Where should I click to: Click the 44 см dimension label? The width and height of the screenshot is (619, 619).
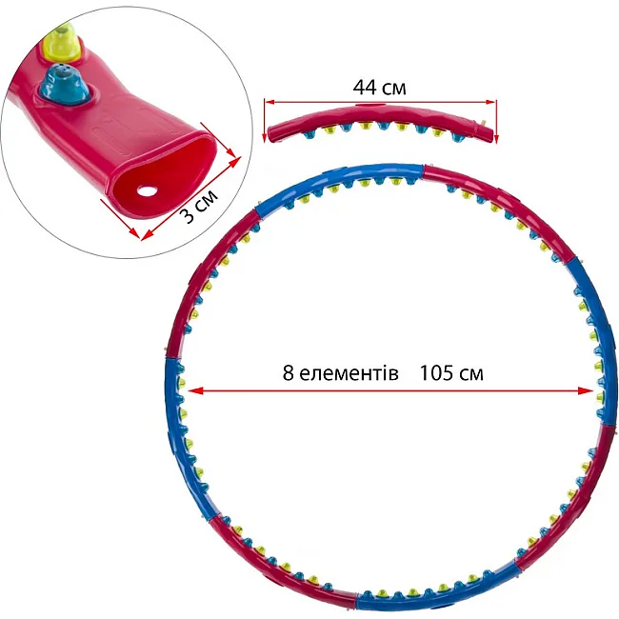(379, 88)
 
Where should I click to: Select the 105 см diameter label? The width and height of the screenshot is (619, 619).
(450, 372)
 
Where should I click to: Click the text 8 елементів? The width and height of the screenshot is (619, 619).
(340, 372)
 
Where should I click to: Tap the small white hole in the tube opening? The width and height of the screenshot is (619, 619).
(147, 192)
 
